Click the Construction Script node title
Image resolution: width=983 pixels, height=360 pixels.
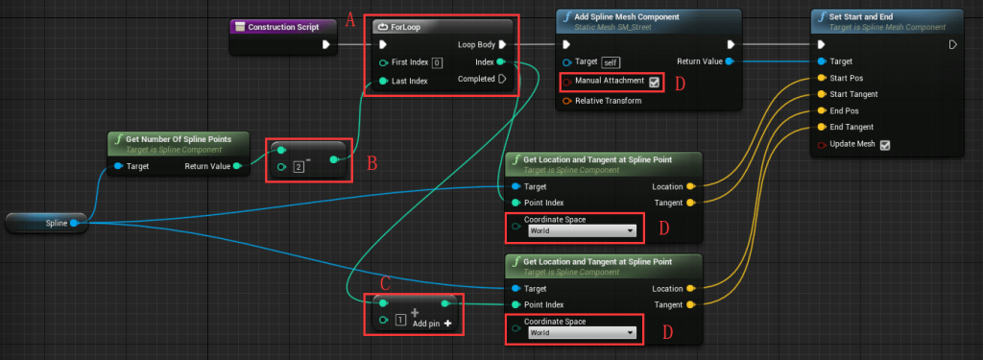pos(282,27)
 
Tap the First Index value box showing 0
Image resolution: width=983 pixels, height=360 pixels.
pos(437,62)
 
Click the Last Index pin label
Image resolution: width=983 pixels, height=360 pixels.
pos(410,81)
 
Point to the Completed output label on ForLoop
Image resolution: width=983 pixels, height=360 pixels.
pos(476,79)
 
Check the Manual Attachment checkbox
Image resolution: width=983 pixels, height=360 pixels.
pos(655,82)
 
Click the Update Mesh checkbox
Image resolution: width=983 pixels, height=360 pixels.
pos(885,145)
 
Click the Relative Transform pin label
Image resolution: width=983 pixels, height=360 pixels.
pos(608,100)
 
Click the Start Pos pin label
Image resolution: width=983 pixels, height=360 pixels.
pos(847,78)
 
